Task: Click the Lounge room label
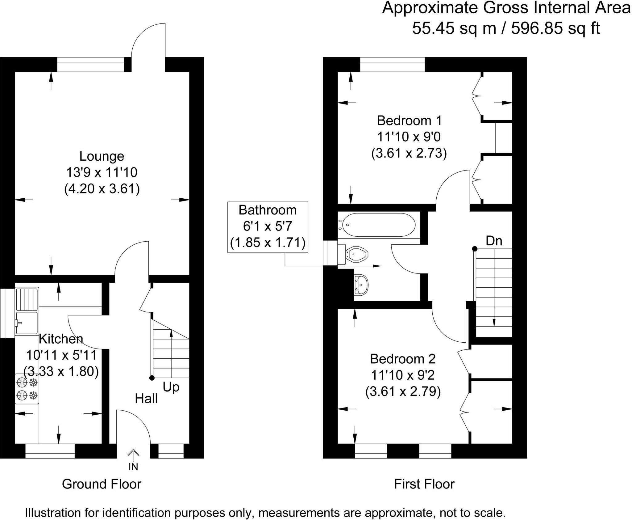(102, 156)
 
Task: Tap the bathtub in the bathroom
(379, 225)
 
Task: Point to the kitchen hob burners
(27, 389)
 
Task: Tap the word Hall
(146, 399)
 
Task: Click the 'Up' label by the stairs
(171, 387)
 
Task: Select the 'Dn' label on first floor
(494, 241)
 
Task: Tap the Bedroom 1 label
(409, 120)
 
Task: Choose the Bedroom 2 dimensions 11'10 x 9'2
(403, 375)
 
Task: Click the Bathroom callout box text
(268, 226)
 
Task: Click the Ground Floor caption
(102, 484)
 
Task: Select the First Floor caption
(424, 484)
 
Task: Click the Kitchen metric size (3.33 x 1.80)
(61, 371)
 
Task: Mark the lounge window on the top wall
(91, 64)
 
